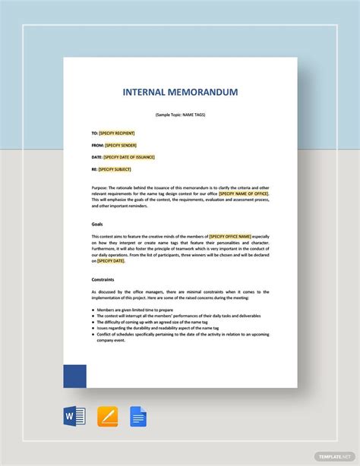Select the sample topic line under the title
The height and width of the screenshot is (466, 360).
pos(180,115)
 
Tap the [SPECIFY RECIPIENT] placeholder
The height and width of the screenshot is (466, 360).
pos(116,133)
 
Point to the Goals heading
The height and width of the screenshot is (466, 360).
pos(98,224)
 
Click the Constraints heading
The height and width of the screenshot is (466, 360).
pos(103,279)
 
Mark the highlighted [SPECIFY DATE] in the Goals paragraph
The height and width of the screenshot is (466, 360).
pos(111,260)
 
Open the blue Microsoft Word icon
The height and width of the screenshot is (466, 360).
pos(75,417)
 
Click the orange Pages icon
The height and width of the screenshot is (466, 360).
pos(107,417)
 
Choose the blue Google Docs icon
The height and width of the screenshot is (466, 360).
pos(138,417)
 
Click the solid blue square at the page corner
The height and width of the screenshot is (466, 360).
pos(74,376)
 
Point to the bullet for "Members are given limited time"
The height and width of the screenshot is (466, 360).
pos(93,310)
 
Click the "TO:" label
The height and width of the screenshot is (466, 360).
pos(94,133)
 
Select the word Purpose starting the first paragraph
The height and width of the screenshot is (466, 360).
pos(101,187)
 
